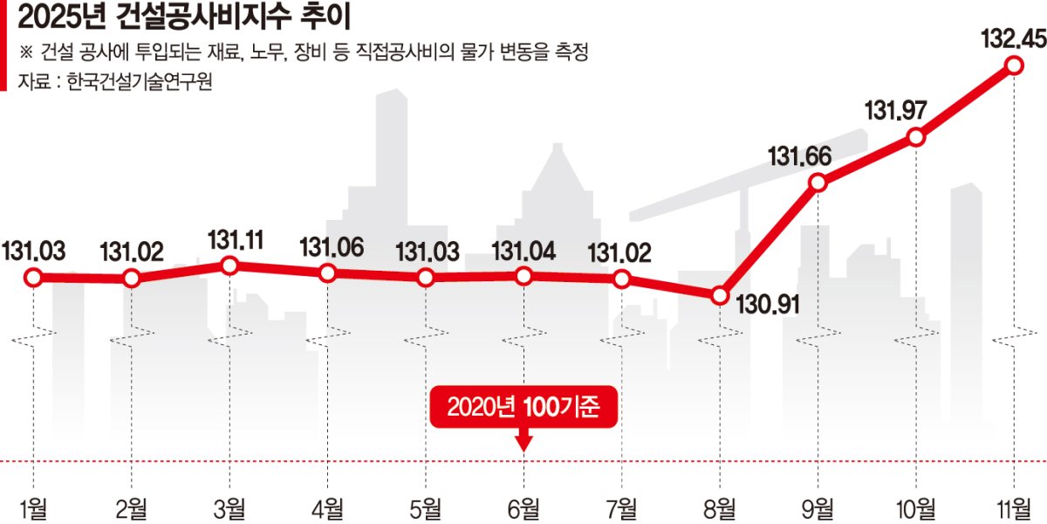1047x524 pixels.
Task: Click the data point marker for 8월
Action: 720,296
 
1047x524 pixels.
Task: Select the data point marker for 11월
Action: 1014,65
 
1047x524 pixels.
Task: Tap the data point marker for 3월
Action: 229,265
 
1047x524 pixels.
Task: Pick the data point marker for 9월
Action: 818,183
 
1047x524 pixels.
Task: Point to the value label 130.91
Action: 768,305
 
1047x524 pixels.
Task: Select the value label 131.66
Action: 800,156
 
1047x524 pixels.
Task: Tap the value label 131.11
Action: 236,240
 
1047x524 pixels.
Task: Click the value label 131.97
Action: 895,111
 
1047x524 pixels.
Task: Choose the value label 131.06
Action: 332,247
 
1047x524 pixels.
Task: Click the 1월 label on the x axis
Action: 34,508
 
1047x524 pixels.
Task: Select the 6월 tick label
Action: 523,508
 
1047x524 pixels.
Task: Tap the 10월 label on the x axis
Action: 915,508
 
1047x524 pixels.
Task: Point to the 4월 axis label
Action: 328,508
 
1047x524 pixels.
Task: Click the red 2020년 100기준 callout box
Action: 523,407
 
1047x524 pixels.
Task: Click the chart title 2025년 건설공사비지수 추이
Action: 184,17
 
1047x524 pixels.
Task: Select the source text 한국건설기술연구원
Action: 140,81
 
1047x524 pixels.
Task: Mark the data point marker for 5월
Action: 426,278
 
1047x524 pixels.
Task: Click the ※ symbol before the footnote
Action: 25,52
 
